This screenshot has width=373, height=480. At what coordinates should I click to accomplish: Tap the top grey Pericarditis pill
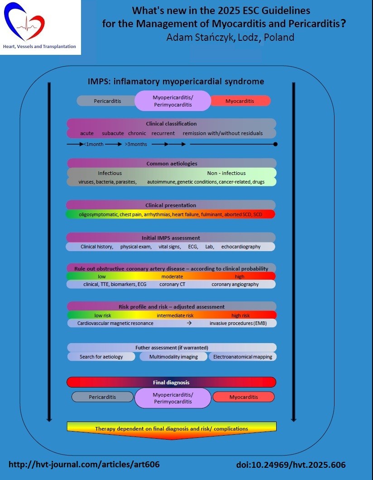pyautogui.click(x=107, y=101)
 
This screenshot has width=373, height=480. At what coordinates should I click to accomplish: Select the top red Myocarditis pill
pyautogui.click(x=239, y=101)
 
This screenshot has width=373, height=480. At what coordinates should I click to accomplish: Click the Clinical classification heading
pyautogui.click(x=171, y=123)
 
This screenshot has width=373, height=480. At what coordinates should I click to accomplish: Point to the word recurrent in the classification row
pyautogui.click(x=163, y=133)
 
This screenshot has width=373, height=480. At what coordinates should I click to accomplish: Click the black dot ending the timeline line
pyautogui.click(x=275, y=144)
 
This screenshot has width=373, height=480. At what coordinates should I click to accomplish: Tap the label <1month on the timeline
pyautogui.click(x=94, y=144)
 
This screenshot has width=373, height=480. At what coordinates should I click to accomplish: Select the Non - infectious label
pyautogui.click(x=226, y=173)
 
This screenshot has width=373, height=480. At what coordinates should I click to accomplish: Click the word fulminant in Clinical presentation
pyautogui.click(x=212, y=214)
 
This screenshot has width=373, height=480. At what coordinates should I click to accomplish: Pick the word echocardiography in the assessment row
pyautogui.click(x=241, y=247)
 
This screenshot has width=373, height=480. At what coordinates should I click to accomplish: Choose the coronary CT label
pyautogui.click(x=172, y=284)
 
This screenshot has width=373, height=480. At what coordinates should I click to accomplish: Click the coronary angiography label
pyautogui.click(x=235, y=284)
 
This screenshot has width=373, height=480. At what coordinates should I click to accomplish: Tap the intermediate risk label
pyautogui.click(x=175, y=315)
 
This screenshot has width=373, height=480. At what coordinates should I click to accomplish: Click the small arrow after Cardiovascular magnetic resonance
pyautogui.click(x=189, y=323)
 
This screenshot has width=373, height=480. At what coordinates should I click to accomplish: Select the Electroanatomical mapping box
pyautogui.click(x=243, y=357)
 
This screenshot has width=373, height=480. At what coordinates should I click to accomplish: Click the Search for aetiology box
pyautogui.click(x=101, y=357)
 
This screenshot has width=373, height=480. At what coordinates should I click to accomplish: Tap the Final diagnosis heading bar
pyautogui.click(x=171, y=382)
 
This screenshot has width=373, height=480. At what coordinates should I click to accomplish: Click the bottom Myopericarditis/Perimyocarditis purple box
pyautogui.click(x=173, y=398)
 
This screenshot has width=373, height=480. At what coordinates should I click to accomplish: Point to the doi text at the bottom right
pyautogui.click(x=291, y=465)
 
